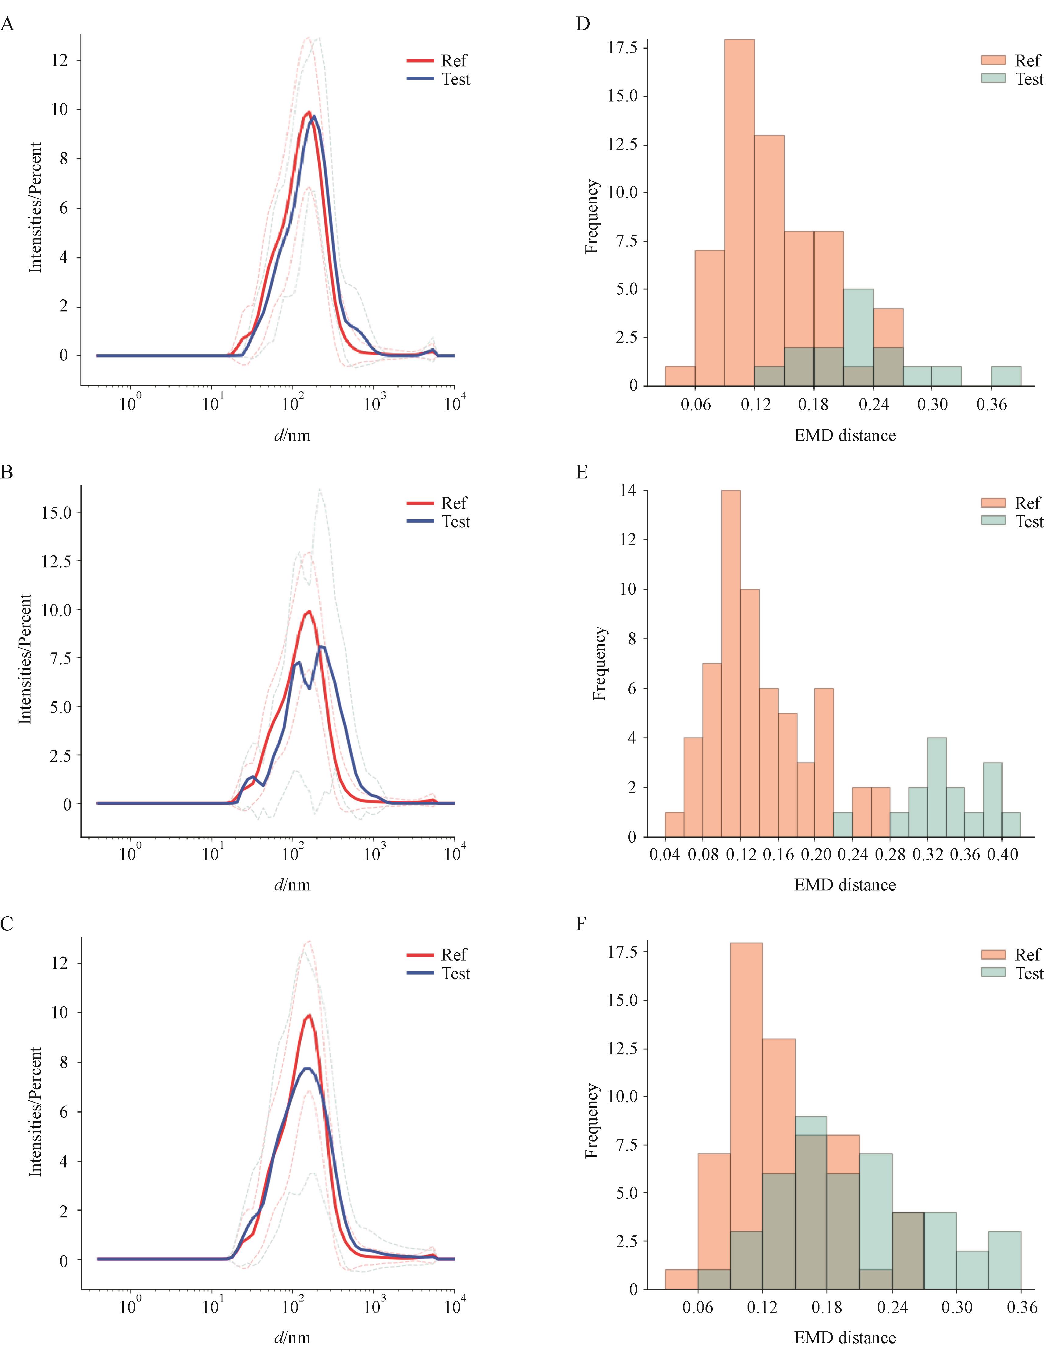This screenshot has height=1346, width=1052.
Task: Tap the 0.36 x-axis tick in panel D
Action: click(x=992, y=404)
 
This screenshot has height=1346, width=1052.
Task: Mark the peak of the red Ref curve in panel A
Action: click(x=309, y=112)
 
